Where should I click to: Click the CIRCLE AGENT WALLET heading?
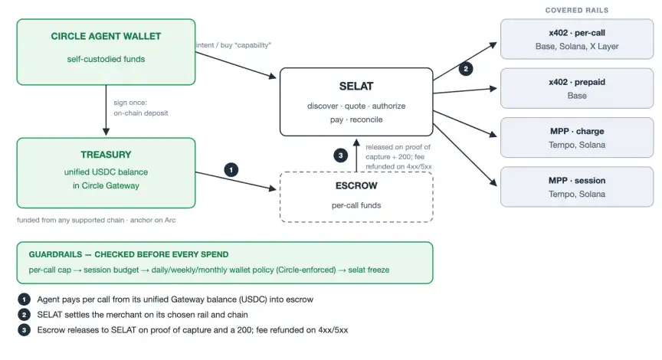[x=106, y=36]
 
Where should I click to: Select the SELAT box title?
[x=356, y=86]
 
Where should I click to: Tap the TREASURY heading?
[x=106, y=155]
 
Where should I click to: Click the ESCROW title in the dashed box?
[x=356, y=185]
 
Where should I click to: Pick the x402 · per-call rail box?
[x=577, y=39]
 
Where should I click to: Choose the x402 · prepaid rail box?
[x=577, y=89]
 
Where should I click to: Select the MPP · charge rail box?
[x=577, y=138]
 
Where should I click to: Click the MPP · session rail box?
[x=577, y=187]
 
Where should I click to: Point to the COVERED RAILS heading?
[x=577, y=10]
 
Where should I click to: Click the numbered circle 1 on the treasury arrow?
[x=231, y=170]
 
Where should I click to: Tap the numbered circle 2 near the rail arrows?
[x=466, y=69]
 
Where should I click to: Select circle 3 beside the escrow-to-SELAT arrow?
[x=341, y=155]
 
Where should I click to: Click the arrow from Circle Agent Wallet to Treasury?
[x=106, y=110]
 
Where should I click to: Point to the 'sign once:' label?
[x=130, y=103]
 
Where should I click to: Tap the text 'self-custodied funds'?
[x=106, y=59]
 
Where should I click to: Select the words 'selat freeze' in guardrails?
[x=369, y=270]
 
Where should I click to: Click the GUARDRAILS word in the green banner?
[x=55, y=254]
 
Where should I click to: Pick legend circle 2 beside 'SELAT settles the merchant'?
[x=24, y=315]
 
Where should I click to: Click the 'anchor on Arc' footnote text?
[x=152, y=220]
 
